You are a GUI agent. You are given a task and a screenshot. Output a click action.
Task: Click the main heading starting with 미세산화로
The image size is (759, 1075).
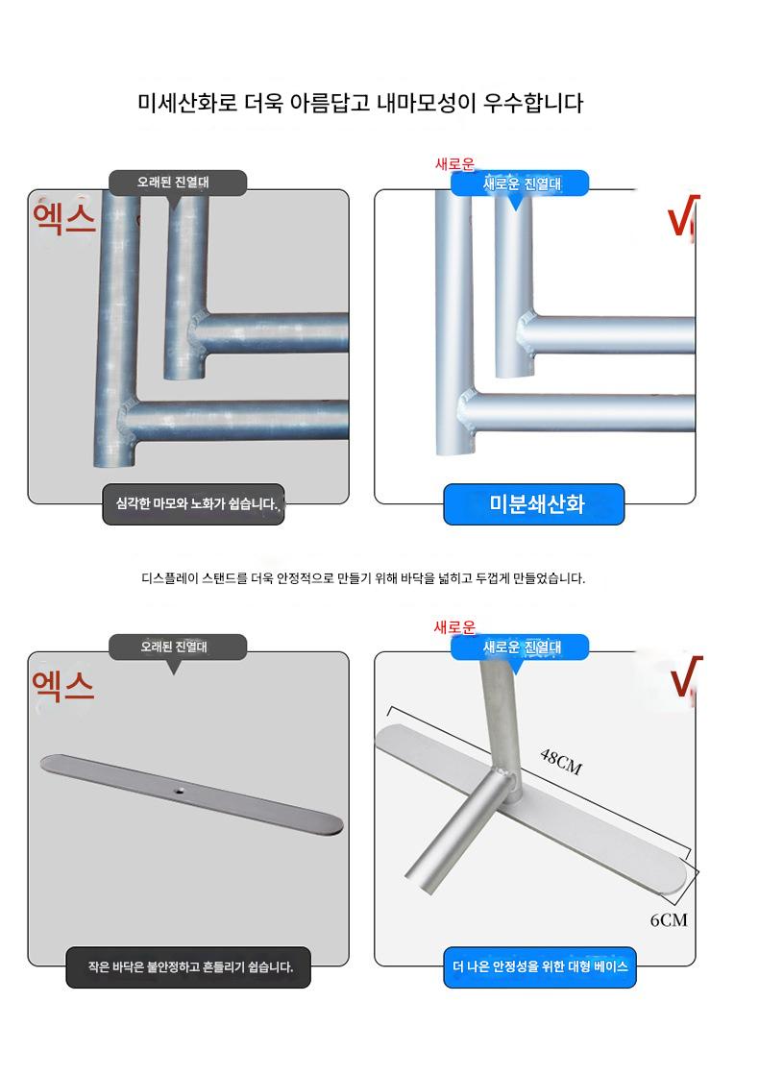(360, 103)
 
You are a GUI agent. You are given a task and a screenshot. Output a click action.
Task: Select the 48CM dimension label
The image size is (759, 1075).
(561, 762)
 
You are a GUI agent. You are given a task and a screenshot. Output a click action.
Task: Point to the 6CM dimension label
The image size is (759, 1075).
(669, 920)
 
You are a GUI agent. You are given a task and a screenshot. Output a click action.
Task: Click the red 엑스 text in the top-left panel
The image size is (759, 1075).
(63, 217)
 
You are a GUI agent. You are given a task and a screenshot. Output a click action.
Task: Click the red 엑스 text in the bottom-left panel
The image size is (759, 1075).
(63, 686)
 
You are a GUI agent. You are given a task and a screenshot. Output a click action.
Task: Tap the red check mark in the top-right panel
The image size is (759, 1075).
(683, 216)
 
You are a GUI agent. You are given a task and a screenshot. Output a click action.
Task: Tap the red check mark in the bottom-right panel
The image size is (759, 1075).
(686, 677)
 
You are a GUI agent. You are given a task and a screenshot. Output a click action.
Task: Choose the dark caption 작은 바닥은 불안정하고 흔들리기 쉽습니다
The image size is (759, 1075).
(188, 967)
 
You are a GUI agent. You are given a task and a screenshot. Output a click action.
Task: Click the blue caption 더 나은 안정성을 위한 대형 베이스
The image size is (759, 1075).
(540, 967)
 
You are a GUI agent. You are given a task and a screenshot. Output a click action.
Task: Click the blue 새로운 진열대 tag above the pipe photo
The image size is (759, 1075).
(520, 183)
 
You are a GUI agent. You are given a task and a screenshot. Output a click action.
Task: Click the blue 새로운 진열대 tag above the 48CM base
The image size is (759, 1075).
(520, 647)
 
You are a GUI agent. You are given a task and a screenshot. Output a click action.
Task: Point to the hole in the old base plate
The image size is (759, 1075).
(180, 791)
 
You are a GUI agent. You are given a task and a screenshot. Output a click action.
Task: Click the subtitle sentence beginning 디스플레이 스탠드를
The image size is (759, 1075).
(363, 578)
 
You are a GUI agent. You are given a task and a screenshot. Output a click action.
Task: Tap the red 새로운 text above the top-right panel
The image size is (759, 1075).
(454, 164)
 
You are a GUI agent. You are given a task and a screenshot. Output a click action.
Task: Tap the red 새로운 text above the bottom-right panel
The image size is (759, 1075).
(454, 626)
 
